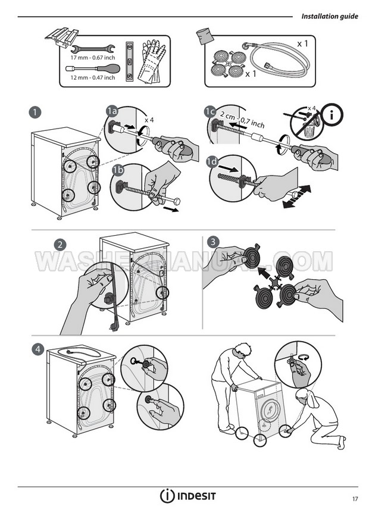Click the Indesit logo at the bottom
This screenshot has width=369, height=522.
[x=188, y=496]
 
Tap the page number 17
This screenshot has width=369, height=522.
[x=355, y=499]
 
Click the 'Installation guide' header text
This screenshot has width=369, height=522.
[x=330, y=16]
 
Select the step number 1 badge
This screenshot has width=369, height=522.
[x=35, y=112]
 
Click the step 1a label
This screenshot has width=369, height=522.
[x=112, y=111]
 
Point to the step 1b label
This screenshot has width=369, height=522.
[x=118, y=170]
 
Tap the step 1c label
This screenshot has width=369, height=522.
[x=210, y=111]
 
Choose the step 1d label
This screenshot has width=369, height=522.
[x=212, y=162]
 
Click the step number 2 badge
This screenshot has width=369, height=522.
[x=60, y=245]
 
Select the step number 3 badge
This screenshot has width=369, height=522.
[x=213, y=242]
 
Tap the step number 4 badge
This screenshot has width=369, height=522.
[x=38, y=349]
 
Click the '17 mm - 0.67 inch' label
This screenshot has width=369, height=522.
[x=92, y=58]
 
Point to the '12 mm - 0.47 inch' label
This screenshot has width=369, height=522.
[x=92, y=77]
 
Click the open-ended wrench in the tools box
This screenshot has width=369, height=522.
[x=93, y=49]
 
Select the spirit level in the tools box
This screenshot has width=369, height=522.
[x=129, y=61]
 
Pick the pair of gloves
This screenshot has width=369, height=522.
[x=151, y=61]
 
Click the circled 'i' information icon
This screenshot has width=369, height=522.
[x=332, y=115]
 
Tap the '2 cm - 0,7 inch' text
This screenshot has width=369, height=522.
[x=242, y=120]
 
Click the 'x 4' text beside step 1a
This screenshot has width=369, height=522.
[x=149, y=120]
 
